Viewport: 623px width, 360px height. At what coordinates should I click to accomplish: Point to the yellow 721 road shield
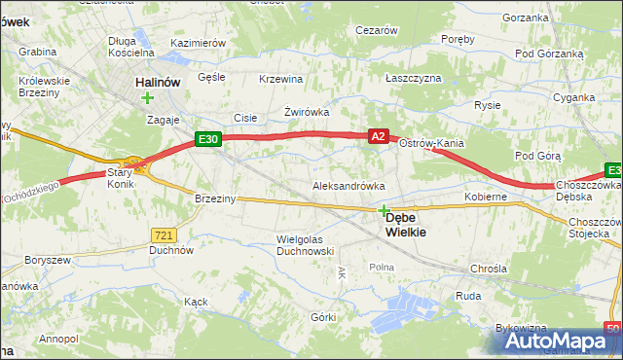click(x=164, y=234)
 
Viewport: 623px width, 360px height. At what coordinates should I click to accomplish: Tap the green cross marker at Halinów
click(x=147, y=97)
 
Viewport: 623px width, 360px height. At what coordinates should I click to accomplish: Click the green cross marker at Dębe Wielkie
click(x=384, y=210)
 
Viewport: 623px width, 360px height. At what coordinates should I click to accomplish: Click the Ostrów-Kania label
click(x=431, y=144)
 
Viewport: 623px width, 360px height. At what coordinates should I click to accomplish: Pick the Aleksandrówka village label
click(x=348, y=185)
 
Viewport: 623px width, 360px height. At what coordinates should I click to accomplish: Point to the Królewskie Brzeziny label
click(x=45, y=87)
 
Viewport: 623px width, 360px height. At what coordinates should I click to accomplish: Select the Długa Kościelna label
click(x=130, y=46)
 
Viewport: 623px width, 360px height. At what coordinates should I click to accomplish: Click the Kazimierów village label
click(x=198, y=44)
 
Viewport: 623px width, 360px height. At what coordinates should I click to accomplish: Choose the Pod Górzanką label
click(x=549, y=53)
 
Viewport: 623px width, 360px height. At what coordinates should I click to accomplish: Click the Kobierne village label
click(x=486, y=197)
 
